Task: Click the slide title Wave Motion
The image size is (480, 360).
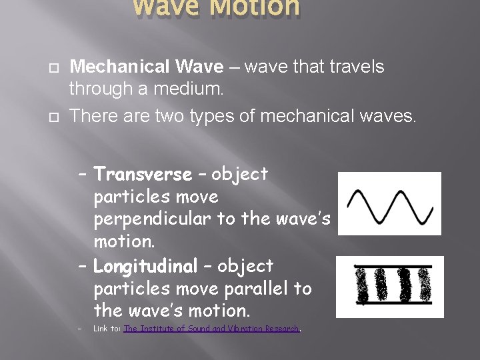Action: [x=217, y=8]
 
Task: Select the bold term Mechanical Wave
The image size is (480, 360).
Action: [x=147, y=67]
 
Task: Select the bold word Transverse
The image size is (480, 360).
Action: [x=143, y=175]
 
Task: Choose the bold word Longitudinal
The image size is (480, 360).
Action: [x=146, y=266]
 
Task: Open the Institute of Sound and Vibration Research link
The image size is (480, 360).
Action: [x=211, y=328]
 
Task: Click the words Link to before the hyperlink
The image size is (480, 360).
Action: [x=107, y=328]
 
